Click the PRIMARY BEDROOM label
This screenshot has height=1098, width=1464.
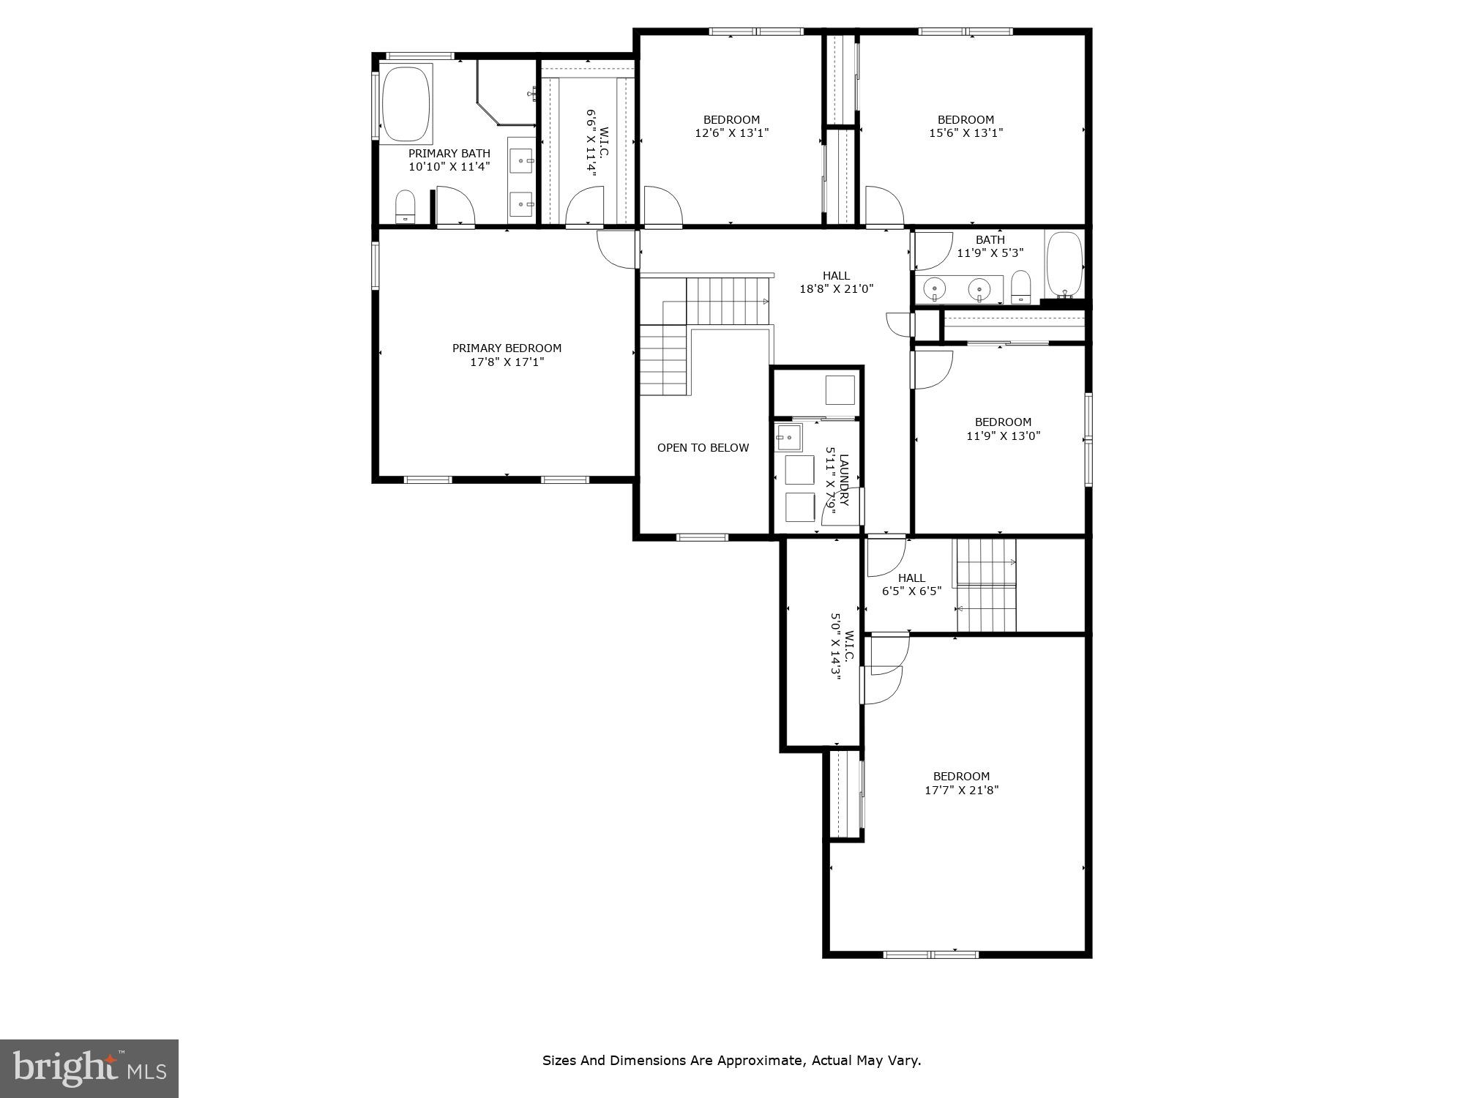(x=507, y=348)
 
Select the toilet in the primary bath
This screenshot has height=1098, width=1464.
(x=405, y=206)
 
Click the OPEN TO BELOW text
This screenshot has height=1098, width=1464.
(x=703, y=447)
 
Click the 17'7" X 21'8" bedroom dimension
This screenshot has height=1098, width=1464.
(x=961, y=790)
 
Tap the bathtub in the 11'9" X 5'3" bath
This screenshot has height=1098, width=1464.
(x=1064, y=263)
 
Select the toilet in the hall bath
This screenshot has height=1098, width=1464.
(x=1020, y=286)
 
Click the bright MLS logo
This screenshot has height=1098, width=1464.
(x=89, y=1069)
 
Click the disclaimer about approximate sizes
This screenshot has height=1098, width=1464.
(x=731, y=1060)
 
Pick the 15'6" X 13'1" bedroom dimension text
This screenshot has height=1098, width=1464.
(x=966, y=133)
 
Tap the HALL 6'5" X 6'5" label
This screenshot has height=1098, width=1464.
(x=911, y=584)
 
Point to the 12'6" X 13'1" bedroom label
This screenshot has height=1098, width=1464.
(x=731, y=126)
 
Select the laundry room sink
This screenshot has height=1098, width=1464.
(x=788, y=437)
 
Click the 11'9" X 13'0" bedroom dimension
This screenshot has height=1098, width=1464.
(x=1003, y=436)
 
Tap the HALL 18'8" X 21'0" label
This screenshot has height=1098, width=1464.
(x=836, y=282)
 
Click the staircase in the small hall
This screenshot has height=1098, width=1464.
(x=986, y=586)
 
